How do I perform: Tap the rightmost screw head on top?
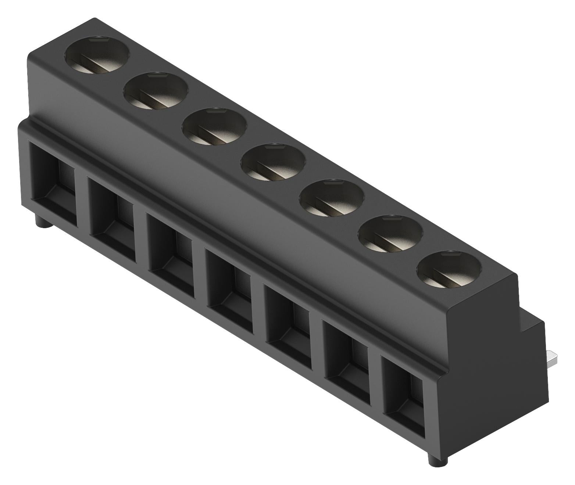450,269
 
